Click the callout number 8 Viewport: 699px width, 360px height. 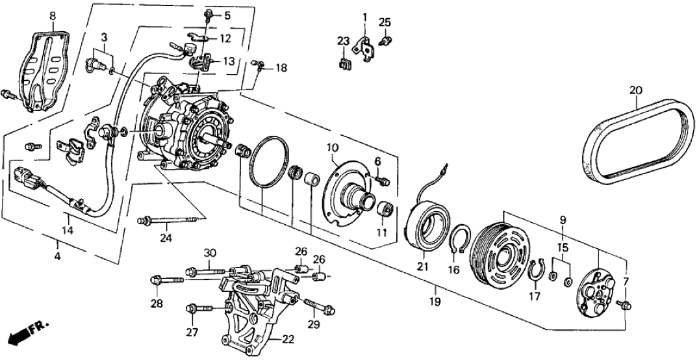(x=53, y=15)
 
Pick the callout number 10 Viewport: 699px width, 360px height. (x=331, y=147)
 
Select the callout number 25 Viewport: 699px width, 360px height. (x=385, y=23)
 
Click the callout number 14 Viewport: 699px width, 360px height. (x=67, y=230)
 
